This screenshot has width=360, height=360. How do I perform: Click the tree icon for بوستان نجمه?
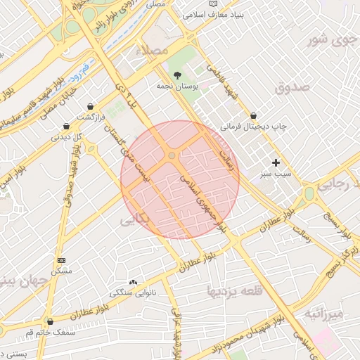click(x=177, y=75)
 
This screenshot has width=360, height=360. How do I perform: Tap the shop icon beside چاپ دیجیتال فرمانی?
click(x=253, y=115)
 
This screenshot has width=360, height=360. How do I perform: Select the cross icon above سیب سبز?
click(x=276, y=162)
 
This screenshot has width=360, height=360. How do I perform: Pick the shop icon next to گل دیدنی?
click(x=66, y=127)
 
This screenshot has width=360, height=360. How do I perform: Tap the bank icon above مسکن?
click(x=61, y=260)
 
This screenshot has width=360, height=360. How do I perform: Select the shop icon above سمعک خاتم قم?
click(x=49, y=321)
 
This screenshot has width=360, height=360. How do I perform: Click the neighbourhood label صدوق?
click(x=292, y=88)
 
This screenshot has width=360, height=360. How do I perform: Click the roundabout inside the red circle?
click(x=172, y=155)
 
